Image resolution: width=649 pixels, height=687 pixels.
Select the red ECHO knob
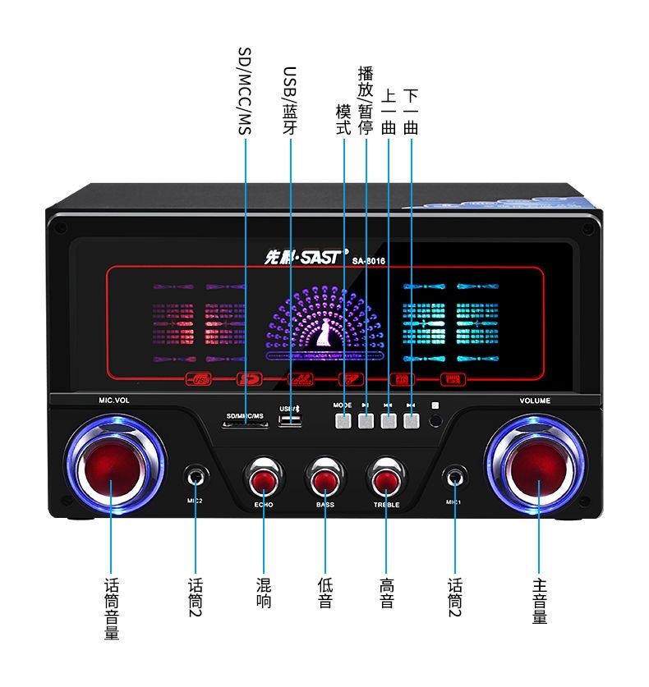coord(263,479)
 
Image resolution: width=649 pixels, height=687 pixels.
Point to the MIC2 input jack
coord(196,476)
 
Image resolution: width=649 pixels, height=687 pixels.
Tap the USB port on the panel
coord(291,421)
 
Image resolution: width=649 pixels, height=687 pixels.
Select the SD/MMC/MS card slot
coord(244,426)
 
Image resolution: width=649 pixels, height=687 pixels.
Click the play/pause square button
coord(366,421)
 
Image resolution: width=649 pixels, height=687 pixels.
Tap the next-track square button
coord(411,421)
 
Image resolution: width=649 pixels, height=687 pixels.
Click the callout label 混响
coord(264,593)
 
